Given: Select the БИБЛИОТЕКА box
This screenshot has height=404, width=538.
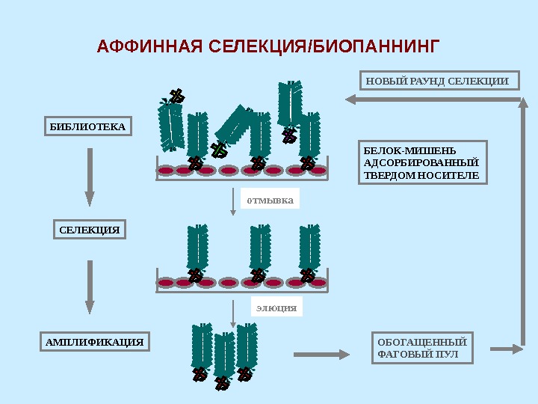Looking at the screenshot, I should (87, 127).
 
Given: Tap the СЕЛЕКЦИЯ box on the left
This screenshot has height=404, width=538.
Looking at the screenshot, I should (90, 229).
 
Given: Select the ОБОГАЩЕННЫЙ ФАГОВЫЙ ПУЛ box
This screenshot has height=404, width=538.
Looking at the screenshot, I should (422, 349).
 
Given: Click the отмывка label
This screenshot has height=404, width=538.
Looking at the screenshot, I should (270, 199).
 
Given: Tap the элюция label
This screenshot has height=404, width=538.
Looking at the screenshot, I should (276, 307).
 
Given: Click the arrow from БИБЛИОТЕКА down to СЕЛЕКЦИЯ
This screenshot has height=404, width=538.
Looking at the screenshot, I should (90, 177).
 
